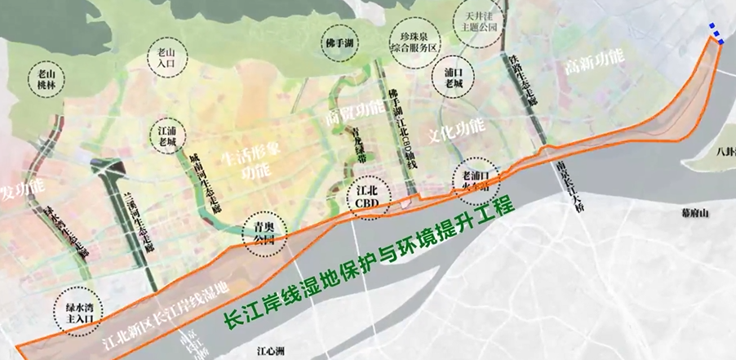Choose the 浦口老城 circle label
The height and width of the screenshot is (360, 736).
coord(454,75)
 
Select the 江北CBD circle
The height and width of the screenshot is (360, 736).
coord(370,197)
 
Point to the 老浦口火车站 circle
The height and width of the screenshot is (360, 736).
coord(474,180)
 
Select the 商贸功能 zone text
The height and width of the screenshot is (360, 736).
coord(354,113)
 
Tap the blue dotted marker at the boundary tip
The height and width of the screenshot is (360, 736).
coord(716,32)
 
